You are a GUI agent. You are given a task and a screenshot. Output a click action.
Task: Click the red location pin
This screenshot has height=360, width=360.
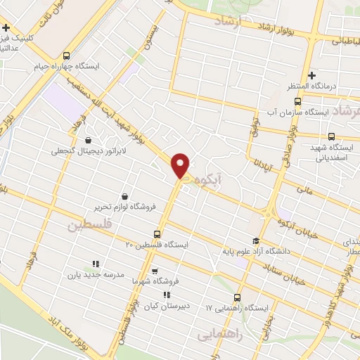181,165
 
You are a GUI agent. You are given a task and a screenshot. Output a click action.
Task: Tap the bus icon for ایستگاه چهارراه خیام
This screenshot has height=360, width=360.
66,56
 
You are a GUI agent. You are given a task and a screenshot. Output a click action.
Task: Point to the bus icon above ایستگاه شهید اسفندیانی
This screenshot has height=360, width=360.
331,136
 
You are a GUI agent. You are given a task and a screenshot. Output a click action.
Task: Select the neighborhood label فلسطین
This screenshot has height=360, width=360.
89,226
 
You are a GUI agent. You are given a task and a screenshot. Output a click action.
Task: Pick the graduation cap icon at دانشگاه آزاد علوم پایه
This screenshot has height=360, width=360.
256,240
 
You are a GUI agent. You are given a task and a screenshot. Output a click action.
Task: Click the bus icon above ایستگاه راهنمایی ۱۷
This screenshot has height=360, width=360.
238,297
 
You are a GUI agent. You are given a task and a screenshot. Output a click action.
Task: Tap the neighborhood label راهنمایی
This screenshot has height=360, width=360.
221,334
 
